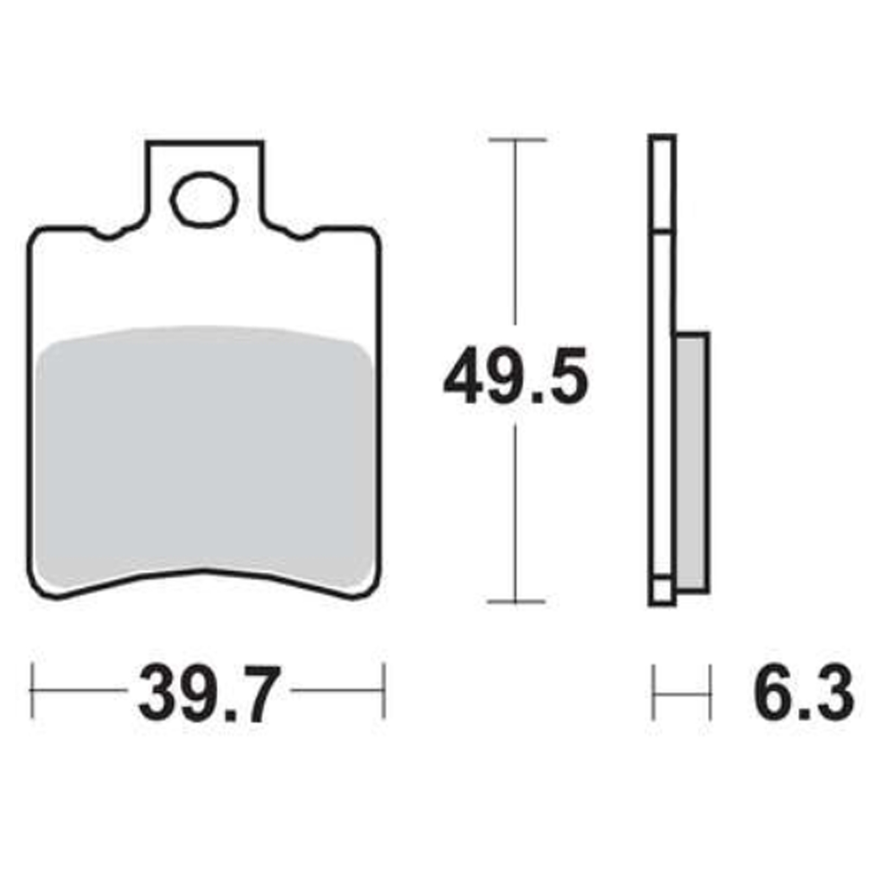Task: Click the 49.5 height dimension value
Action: pos(516,375)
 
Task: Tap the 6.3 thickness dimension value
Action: pos(804,694)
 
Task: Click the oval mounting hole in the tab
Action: pos(204,199)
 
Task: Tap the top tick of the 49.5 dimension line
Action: pos(517,140)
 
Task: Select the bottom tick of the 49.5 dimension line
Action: pos(516,601)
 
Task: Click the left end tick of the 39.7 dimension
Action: pos(32,690)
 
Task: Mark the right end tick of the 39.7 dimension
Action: pos(384,690)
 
